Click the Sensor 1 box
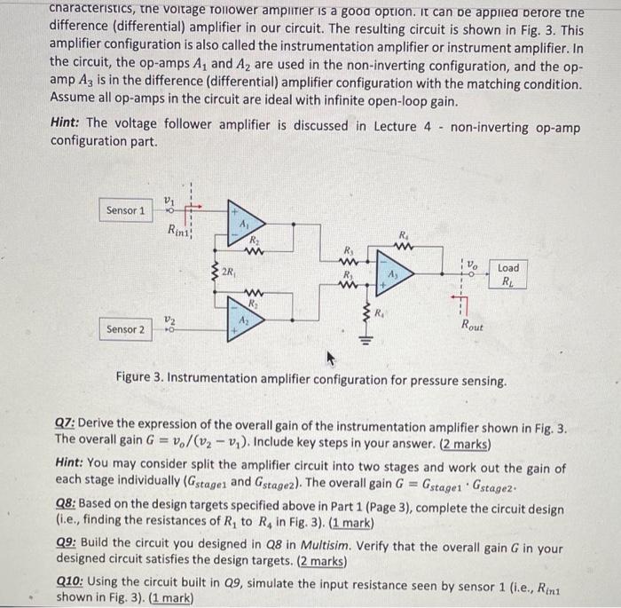[124, 210]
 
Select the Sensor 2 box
[124, 329]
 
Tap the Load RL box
[508, 275]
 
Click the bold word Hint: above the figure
[67, 125]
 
